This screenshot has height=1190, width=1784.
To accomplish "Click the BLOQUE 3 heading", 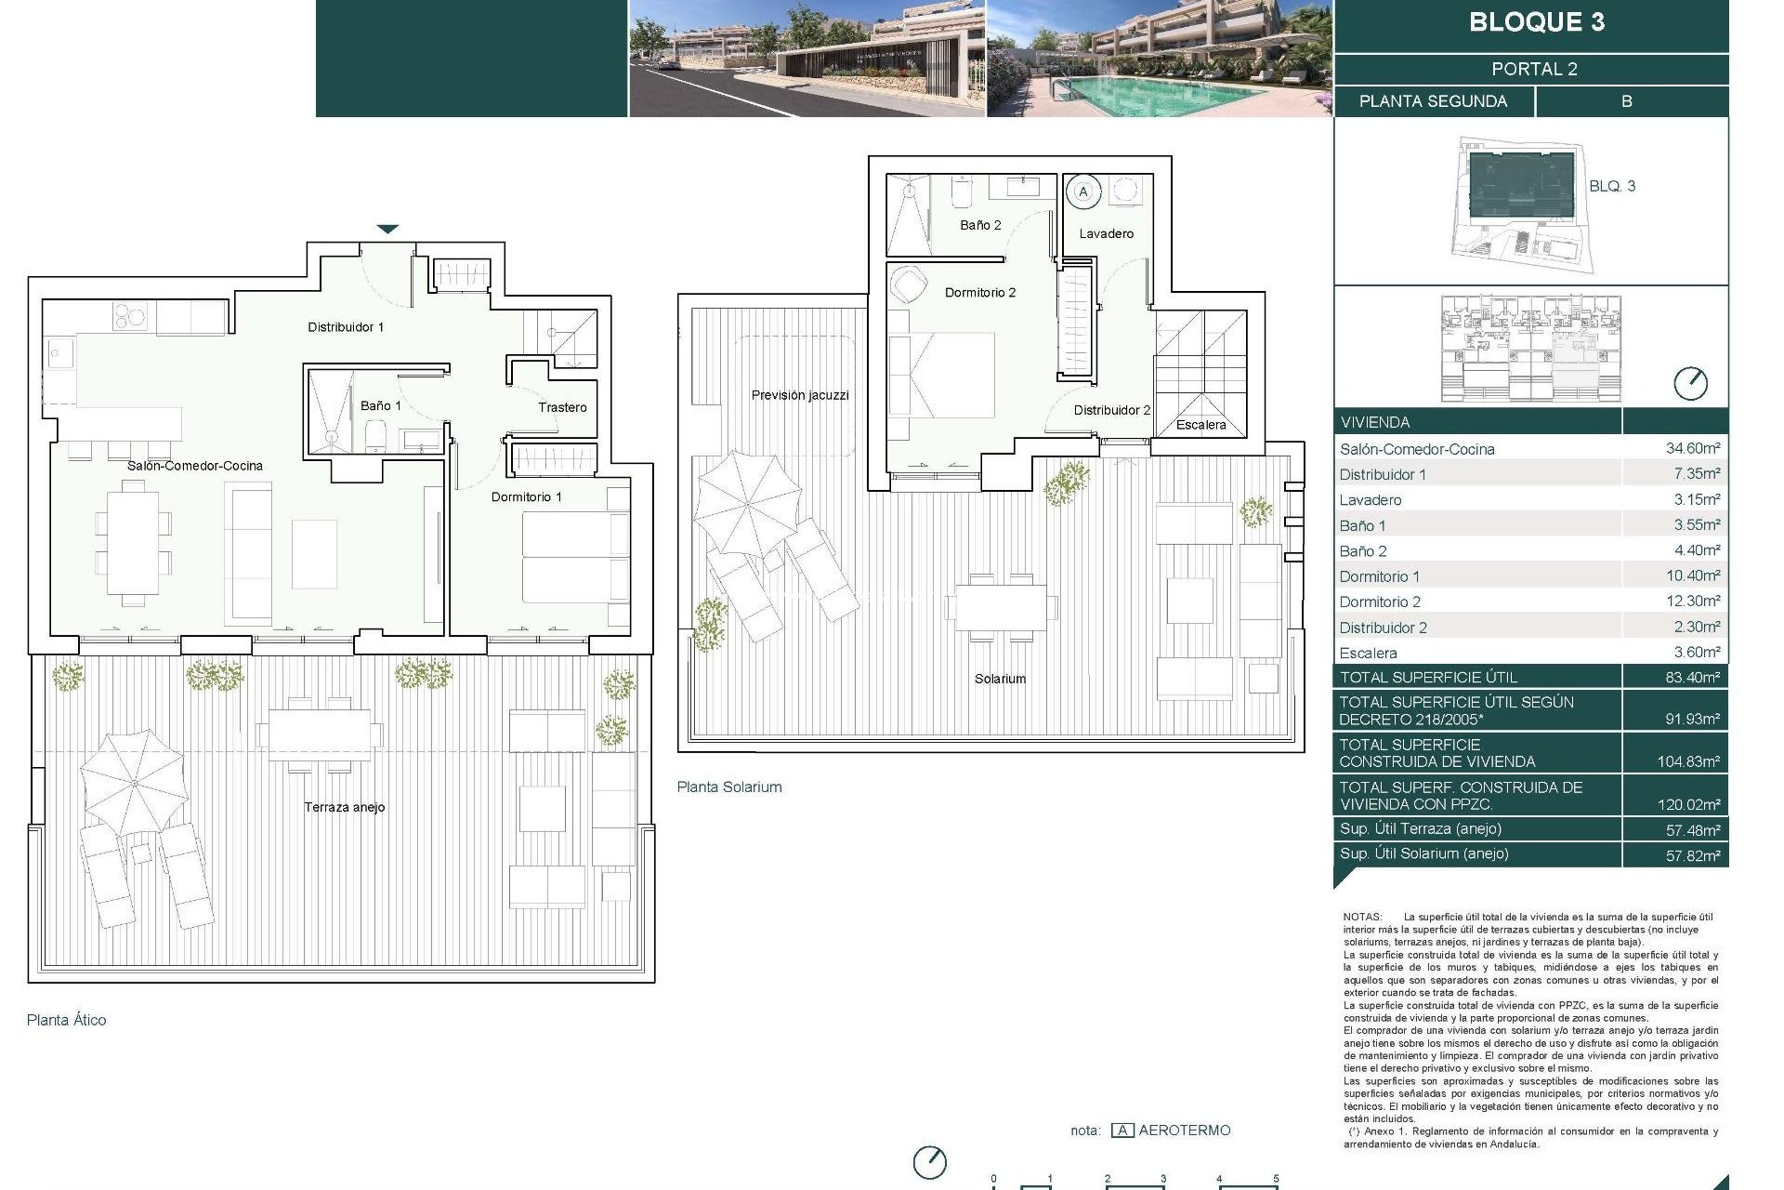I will pyautogui.click(x=1536, y=22).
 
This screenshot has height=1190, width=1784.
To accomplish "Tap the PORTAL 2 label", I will pyautogui.click(x=1534, y=69).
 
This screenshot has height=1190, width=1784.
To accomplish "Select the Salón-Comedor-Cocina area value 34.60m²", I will pyautogui.click(x=1692, y=448).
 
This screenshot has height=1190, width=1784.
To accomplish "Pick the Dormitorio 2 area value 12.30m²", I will pyautogui.click(x=1692, y=602).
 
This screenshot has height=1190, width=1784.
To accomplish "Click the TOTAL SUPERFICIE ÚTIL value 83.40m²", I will pyautogui.click(x=1692, y=678).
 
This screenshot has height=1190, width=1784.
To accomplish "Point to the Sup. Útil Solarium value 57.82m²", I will pyautogui.click(x=1692, y=855).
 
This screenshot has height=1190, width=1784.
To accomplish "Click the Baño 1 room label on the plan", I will pyautogui.click(x=381, y=406).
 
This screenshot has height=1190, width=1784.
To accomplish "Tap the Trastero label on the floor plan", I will pyautogui.click(x=562, y=407).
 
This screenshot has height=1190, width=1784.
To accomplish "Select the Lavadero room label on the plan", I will pyautogui.click(x=1106, y=233).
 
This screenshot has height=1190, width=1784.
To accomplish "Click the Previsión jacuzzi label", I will pyautogui.click(x=800, y=395).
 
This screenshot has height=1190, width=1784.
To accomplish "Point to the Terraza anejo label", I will pyautogui.click(x=344, y=807).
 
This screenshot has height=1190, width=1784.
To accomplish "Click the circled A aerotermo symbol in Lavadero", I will pyautogui.click(x=1082, y=192).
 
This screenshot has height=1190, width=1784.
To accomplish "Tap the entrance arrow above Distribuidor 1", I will pyautogui.click(x=387, y=229).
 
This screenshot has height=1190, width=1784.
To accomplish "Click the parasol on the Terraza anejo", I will pyautogui.click(x=134, y=782).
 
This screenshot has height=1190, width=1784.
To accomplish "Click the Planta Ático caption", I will pyautogui.click(x=66, y=1020).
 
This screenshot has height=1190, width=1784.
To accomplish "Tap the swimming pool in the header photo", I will pyautogui.click(x=1199, y=93).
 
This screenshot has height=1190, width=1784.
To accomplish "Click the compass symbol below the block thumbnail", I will pyautogui.click(x=1689, y=383).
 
